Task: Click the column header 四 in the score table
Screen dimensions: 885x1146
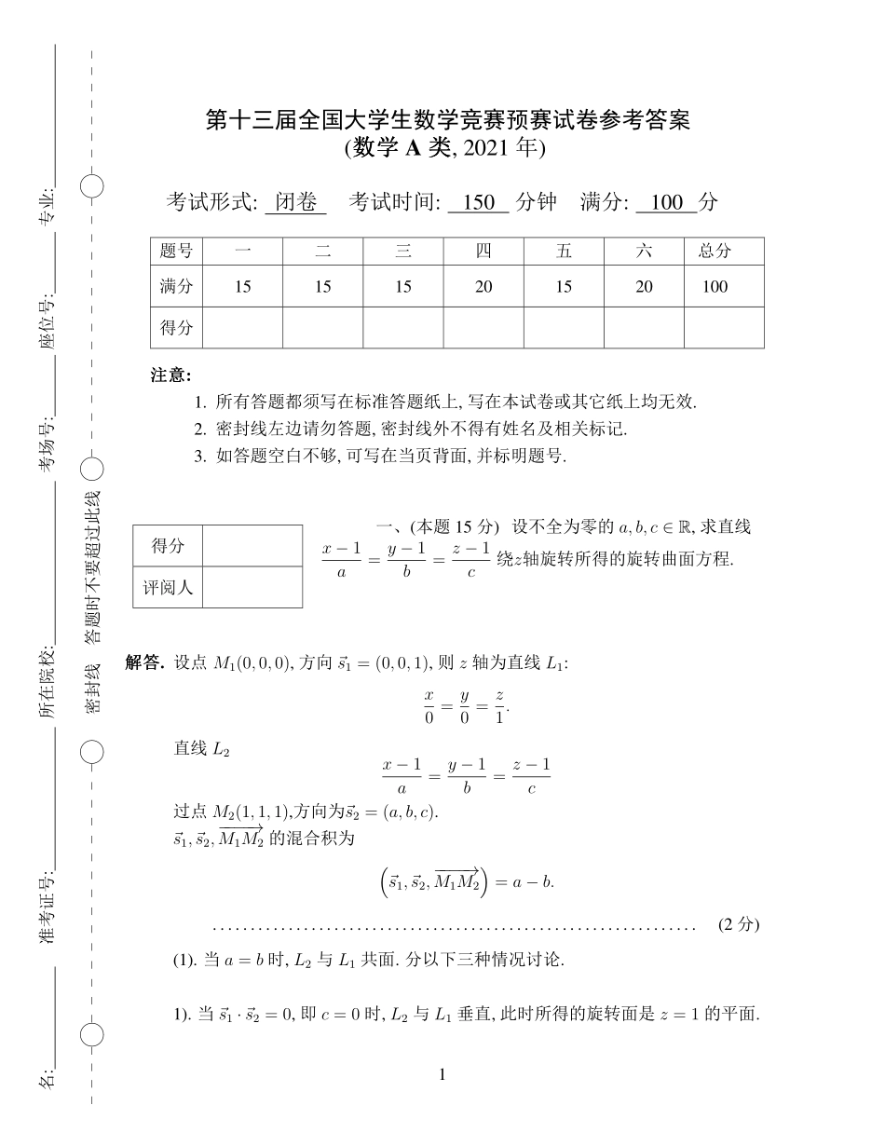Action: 483,251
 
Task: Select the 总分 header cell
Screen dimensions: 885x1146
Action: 715,251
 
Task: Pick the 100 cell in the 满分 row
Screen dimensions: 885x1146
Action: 715,287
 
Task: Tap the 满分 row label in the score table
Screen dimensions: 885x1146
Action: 176,287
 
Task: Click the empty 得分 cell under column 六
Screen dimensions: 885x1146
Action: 644,327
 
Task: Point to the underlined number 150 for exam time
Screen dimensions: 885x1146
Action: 478,202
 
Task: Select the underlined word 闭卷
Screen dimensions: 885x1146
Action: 295,202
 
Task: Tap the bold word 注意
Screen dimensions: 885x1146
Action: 170,375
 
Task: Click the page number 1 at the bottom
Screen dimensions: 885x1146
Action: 442,1075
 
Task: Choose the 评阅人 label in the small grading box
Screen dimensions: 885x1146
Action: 168,588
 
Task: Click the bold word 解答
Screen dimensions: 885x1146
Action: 144,662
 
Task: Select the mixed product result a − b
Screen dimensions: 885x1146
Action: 533,881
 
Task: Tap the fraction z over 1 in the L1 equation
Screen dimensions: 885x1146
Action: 499,706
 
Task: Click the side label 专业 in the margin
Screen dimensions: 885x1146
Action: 46,207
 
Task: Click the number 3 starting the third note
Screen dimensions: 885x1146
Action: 198,457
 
